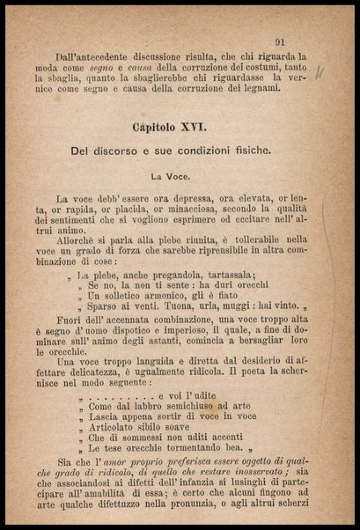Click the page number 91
280,40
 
